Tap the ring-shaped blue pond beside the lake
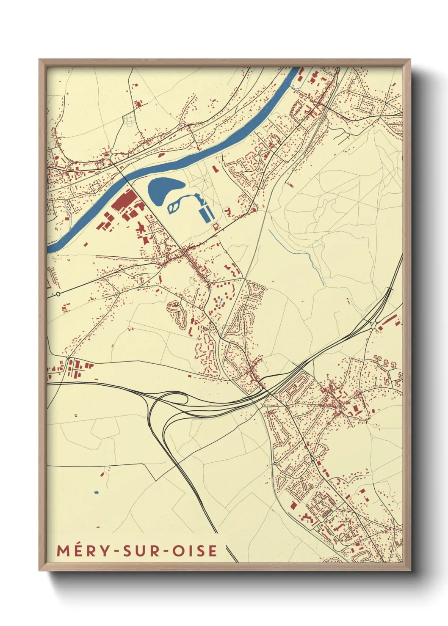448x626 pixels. tap(174, 206)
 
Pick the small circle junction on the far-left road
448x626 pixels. tap(58, 294)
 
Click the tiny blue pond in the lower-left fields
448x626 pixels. tap(96, 492)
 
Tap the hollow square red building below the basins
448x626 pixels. tap(216, 227)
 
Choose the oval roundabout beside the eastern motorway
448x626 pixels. tap(373, 325)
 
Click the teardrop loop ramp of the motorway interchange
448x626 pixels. tap(174, 399)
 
